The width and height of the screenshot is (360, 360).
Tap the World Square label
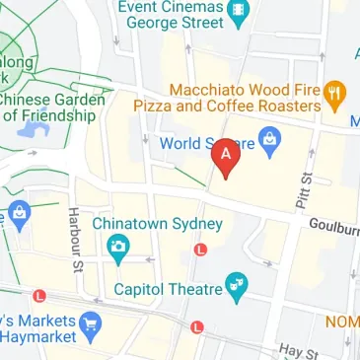(x=203, y=140)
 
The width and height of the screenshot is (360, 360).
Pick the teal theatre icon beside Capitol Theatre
(x=236, y=289)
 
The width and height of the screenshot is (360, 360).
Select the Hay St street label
(x=297, y=351)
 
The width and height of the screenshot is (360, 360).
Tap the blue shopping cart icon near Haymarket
(x=92, y=322)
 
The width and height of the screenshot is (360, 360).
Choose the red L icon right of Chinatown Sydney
(x=201, y=251)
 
